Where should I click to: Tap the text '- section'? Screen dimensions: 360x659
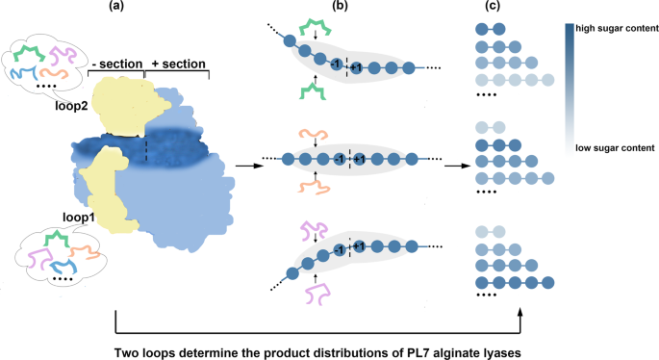coord(115,64)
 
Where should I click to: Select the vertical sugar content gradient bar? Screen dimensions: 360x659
coord(570,87)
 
